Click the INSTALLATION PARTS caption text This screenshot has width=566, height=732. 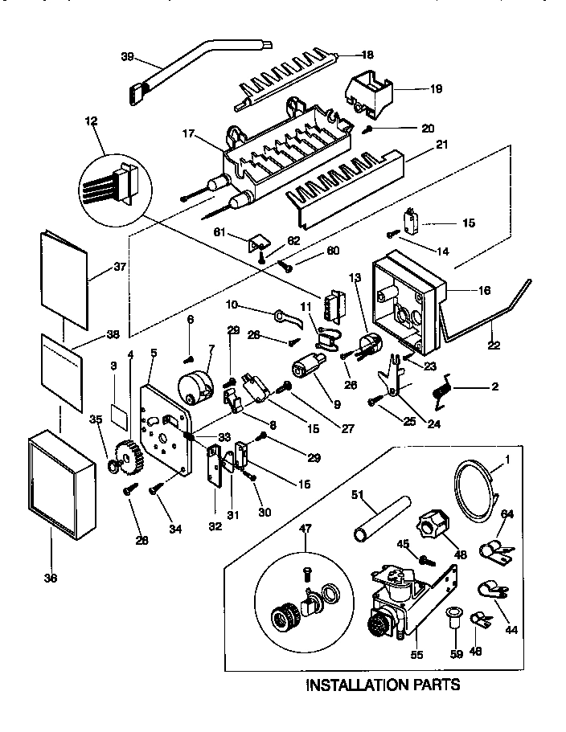tap(383, 685)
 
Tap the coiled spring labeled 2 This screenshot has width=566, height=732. tap(441, 391)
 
